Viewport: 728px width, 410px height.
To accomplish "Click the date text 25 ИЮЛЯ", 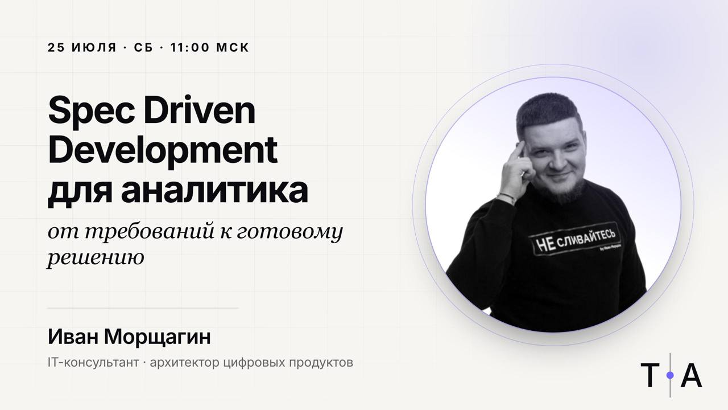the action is [x=82, y=47].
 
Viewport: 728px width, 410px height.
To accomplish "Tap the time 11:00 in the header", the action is [x=190, y=47].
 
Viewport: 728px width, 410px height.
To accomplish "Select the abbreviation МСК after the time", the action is [x=233, y=47].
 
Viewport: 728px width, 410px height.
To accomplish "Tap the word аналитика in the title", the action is [x=214, y=192].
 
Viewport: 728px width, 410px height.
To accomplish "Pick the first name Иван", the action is [x=73, y=337].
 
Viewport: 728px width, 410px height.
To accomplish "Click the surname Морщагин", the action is [x=158, y=338].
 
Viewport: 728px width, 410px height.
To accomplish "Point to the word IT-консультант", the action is [x=93, y=363].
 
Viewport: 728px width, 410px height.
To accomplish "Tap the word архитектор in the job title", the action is [x=185, y=363].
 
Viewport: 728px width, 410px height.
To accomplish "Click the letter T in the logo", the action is [x=650, y=375].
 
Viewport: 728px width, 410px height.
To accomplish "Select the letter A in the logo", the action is [x=692, y=375].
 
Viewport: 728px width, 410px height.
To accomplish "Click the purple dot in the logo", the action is [x=670, y=375].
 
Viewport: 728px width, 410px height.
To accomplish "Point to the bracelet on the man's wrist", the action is [x=507, y=196].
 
